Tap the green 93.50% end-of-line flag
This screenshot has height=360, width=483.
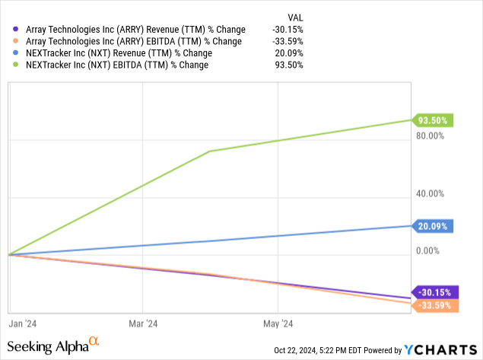point(434,119)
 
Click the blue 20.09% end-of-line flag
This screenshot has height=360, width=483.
point(434,225)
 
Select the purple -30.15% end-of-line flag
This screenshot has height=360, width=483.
point(434,292)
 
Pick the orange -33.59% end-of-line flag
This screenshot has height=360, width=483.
point(434,305)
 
